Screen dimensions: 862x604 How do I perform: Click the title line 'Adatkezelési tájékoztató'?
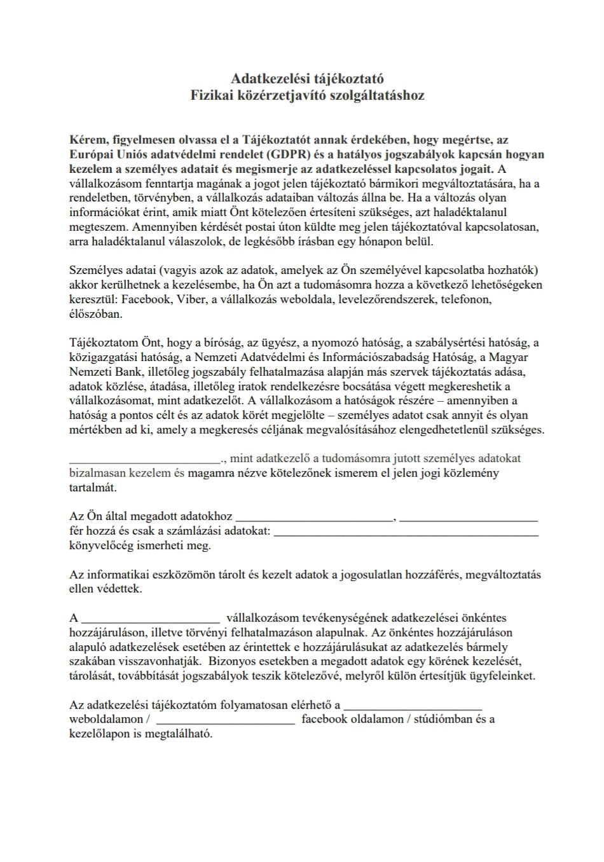pos(307,79)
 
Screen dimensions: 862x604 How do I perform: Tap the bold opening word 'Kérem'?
pos(86,140)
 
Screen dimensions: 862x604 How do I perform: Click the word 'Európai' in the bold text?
pos(90,154)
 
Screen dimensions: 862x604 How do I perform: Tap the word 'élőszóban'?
pos(95,314)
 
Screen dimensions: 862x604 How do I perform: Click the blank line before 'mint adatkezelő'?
pos(144,459)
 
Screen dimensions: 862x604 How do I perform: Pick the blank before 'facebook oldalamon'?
pos(225,721)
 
